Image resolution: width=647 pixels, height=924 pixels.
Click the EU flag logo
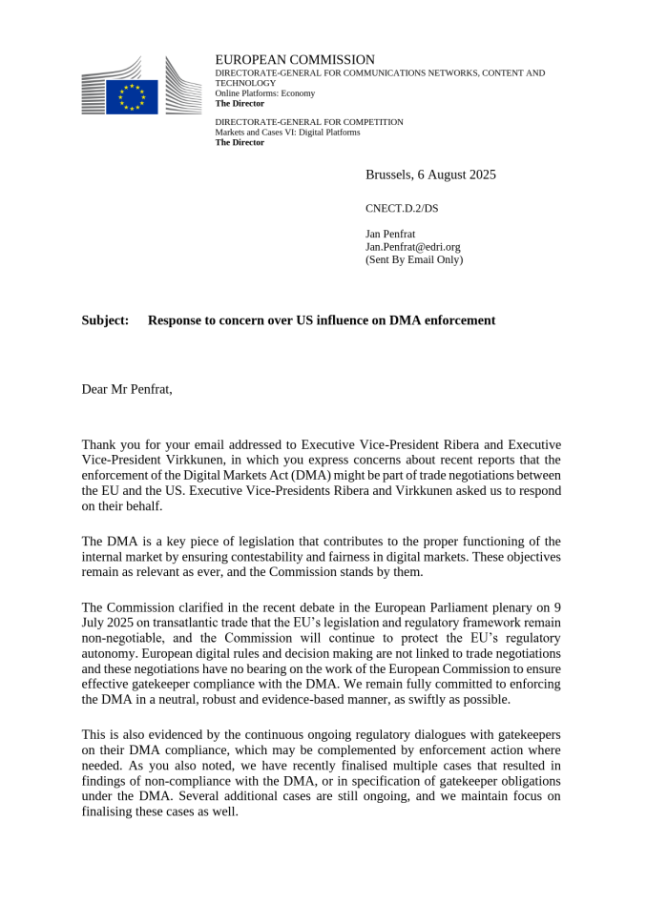point(132,96)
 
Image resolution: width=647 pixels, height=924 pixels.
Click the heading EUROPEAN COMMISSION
point(295,60)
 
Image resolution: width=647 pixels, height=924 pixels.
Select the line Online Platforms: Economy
point(264,93)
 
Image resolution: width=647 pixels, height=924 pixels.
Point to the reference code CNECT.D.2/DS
point(402,208)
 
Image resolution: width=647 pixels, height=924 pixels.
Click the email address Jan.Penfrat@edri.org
point(412,247)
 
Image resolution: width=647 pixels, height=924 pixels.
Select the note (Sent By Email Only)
point(413,259)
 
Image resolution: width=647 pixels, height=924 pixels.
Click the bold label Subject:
point(105,320)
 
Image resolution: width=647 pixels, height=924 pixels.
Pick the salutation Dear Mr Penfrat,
point(127,389)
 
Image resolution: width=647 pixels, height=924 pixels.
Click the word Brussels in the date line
point(387,175)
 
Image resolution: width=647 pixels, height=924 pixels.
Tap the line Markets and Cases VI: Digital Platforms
point(287,133)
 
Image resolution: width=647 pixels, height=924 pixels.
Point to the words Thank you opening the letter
point(111,445)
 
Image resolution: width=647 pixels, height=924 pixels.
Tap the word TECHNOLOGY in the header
point(245,83)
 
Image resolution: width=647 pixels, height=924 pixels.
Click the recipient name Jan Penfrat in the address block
point(390,234)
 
